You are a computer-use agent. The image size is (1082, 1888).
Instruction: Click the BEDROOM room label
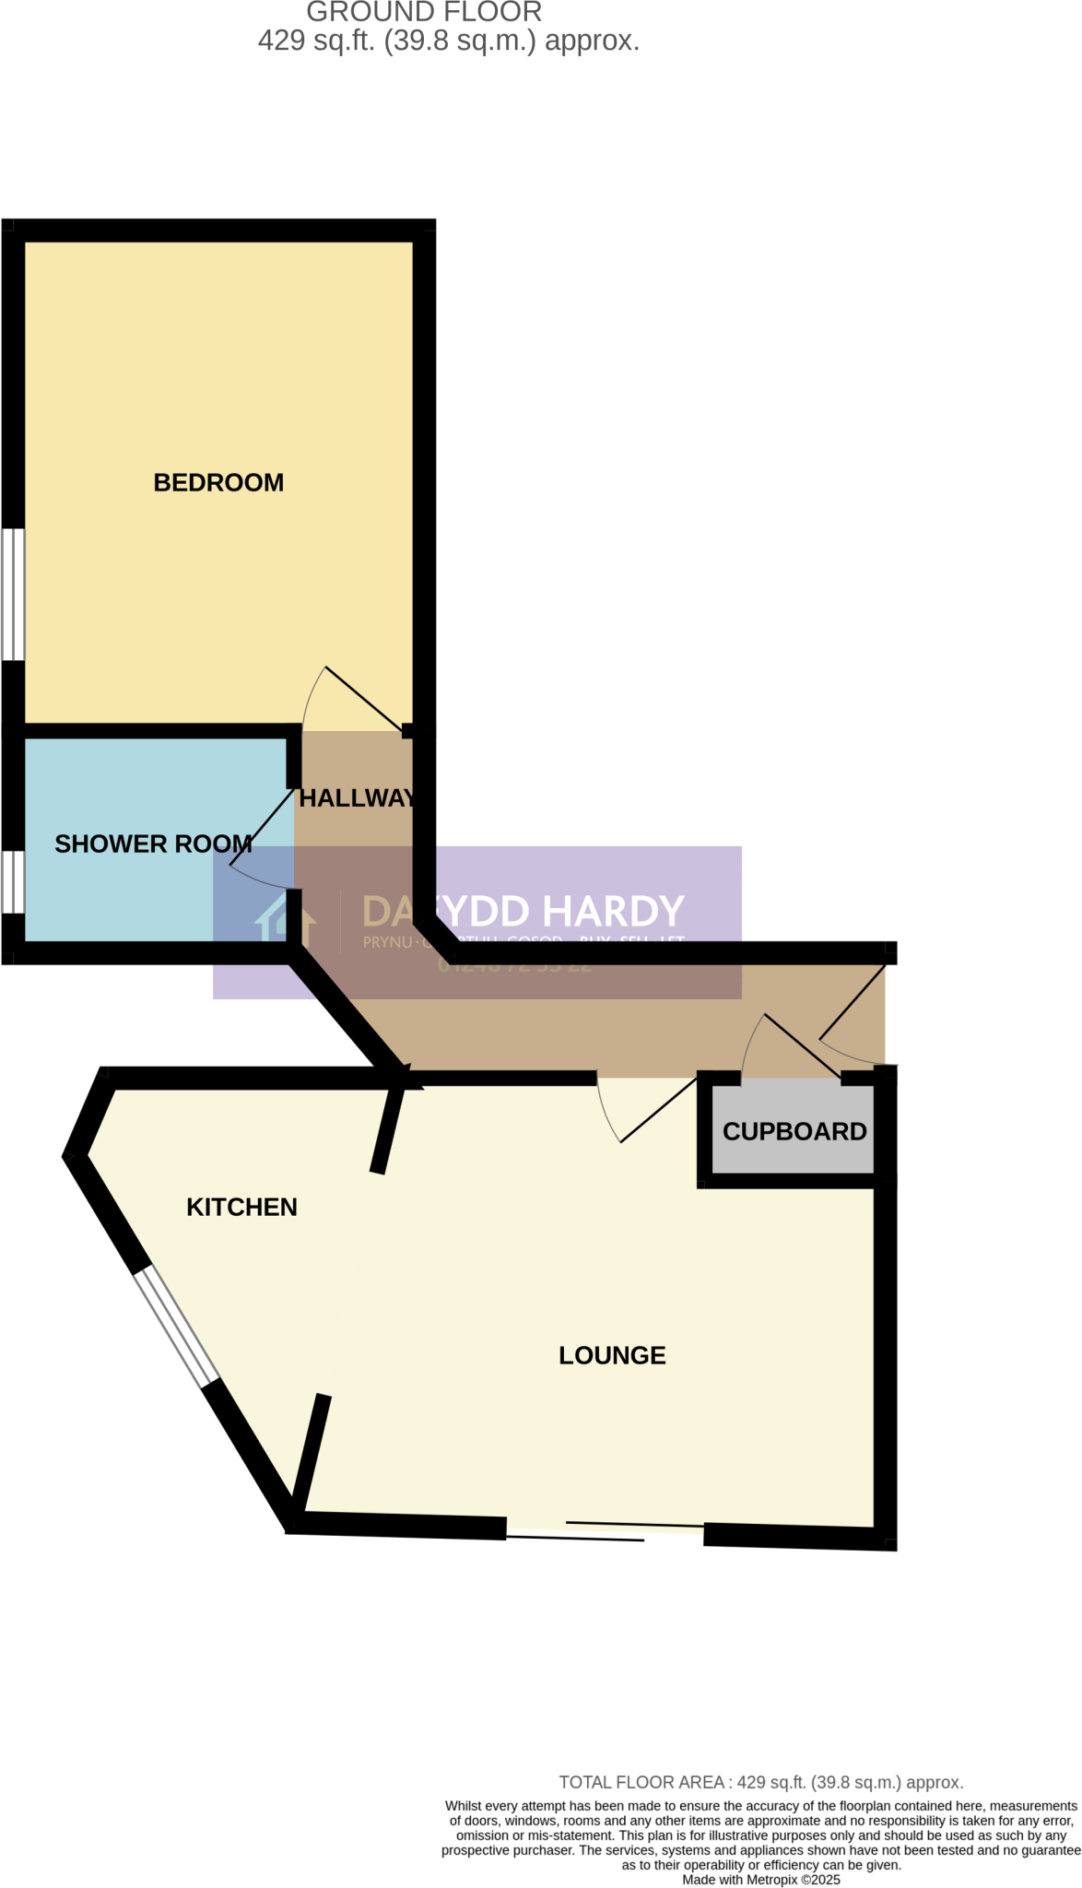coord(218,482)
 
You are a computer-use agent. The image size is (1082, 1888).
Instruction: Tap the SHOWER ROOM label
coord(153,844)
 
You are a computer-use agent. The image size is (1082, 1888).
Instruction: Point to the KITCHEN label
coord(241,1207)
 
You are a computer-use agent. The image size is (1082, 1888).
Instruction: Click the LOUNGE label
coord(612,1355)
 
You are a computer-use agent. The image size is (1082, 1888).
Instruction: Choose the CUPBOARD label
coord(794,1131)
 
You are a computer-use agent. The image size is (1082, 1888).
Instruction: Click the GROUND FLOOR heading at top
coord(424,13)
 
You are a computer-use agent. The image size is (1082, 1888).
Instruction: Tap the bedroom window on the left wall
coord(13,594)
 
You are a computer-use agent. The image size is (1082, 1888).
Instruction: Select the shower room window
coord(13,881)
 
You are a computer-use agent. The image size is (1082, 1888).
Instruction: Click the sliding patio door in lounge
coord(604,1529)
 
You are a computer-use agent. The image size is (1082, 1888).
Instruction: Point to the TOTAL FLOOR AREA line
coord(760,1782)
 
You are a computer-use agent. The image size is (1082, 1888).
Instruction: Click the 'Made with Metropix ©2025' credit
coord(760,1880)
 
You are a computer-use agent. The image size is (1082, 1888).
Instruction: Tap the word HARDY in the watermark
coord(613,912)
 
